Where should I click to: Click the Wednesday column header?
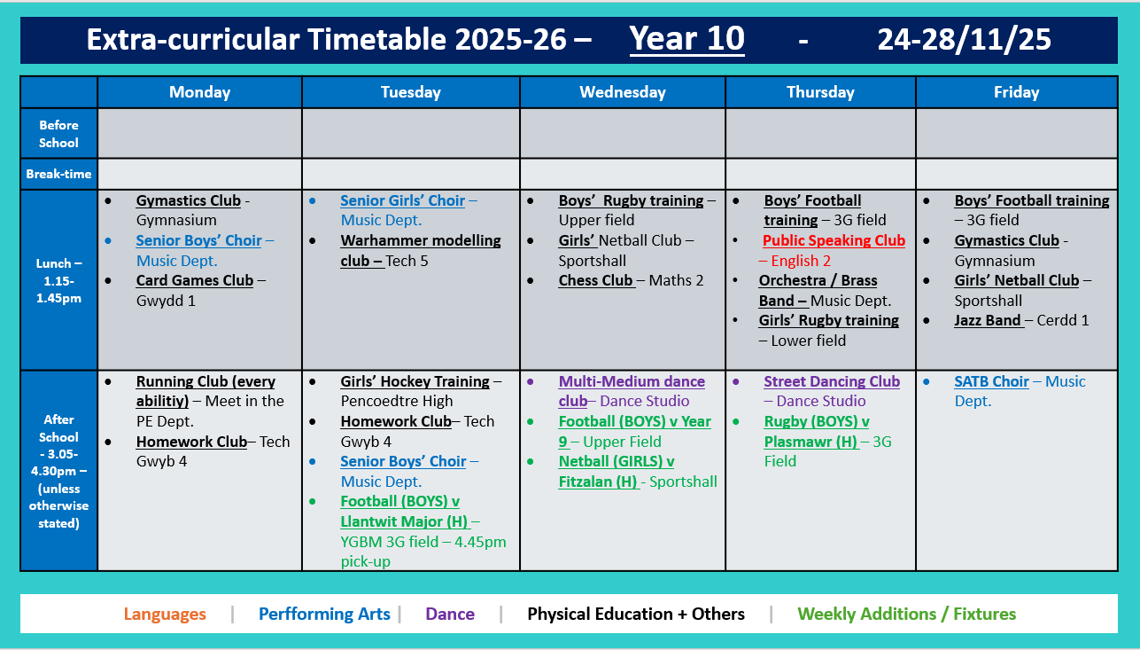(x=622, y=92)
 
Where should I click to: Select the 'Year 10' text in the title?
(x=686, y=39)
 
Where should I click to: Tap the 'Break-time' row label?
(x=58, y=174)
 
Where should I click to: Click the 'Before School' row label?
(x=58, y=134)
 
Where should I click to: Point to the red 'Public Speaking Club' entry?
(x=834, y=240)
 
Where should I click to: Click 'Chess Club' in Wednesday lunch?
(x=595, y=280)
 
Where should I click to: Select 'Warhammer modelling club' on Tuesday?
(x=420, y=241)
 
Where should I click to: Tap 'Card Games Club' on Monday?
(x=194, y=280)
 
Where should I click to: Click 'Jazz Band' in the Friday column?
(x=988, y=320)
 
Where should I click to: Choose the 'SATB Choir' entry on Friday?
(x=991, y=381)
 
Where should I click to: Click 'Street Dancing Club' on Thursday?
(x=831, y=381)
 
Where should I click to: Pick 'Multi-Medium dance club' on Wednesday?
(x=631, y=382)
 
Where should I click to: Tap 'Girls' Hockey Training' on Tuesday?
(x=415, y=381)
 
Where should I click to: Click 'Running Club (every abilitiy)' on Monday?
(x=205, y=382)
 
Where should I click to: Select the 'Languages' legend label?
(x=165, y=614)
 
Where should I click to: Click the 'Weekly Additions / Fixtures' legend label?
(x=906, y=614)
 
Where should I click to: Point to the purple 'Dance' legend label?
(x=450, y=614)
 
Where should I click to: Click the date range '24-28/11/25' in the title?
(x=964, y=39)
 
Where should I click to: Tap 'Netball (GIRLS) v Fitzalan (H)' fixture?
(x=616, y=462)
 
